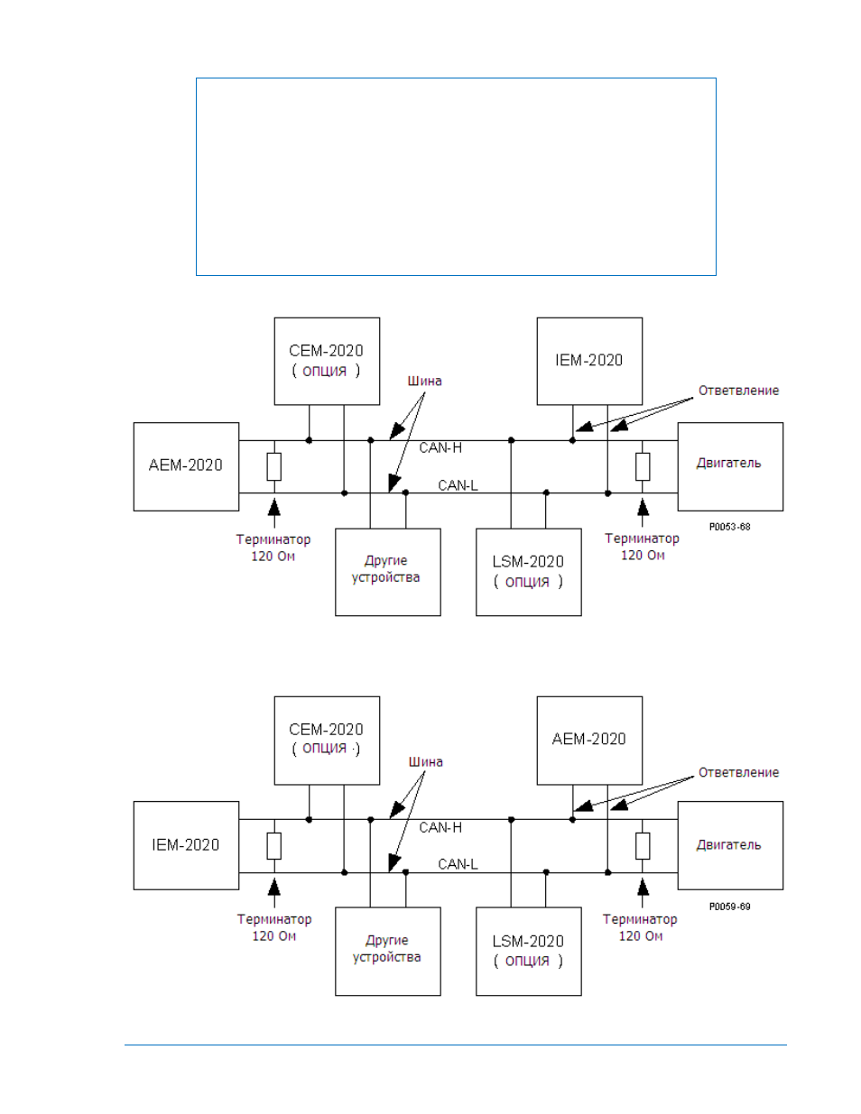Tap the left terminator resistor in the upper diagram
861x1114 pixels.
coord(273,466)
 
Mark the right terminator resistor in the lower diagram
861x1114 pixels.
coord(643,846)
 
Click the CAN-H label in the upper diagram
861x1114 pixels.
coord(440,448)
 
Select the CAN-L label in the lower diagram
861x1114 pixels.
coord(458,864)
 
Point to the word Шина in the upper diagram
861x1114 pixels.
coord(424,382)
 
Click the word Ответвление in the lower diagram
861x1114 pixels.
coord(738,772)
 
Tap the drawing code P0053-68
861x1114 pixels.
coord(730,527)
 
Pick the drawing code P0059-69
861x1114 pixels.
coord(730,907)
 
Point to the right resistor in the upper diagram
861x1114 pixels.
coord(643,466)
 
